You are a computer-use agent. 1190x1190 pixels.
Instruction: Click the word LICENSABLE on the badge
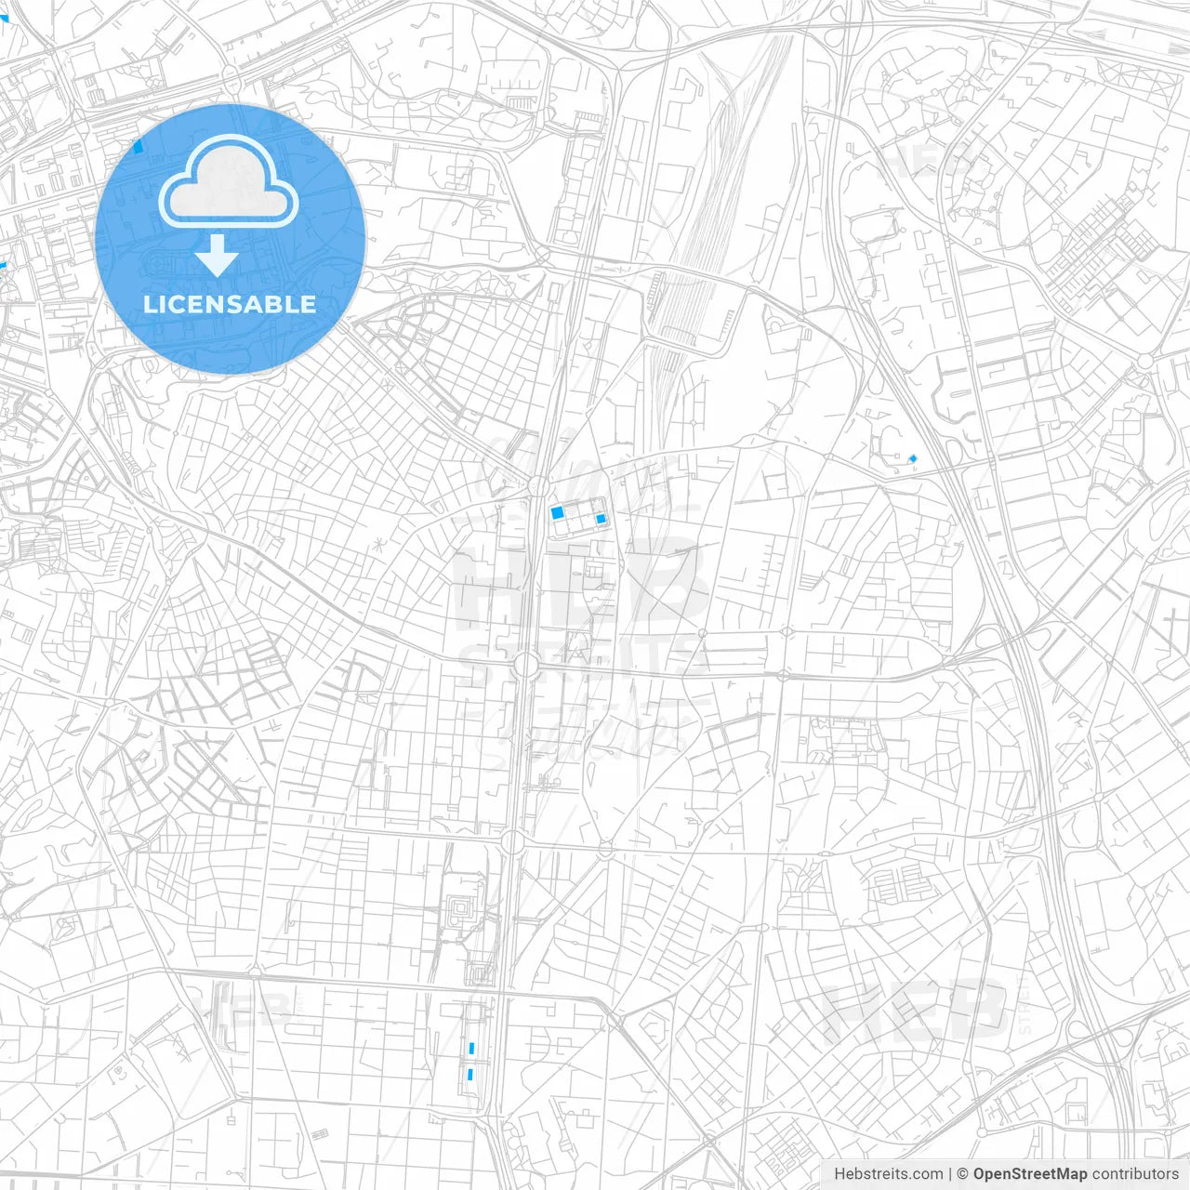point(230,305)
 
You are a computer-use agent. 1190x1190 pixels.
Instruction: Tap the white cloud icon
point(229,183)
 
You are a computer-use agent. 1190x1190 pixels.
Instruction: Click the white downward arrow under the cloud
point(217,256)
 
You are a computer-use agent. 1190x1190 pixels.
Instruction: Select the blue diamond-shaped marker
point(913,458)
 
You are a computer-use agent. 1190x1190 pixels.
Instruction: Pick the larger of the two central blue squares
point(558,512)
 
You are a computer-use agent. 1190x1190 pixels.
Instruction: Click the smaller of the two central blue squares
point(601,519)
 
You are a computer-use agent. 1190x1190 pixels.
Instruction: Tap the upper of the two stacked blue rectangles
point(472,1049)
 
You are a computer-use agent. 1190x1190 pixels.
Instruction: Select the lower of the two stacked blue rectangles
point(470,1075)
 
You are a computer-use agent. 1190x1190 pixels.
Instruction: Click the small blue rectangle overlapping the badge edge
point(139,145)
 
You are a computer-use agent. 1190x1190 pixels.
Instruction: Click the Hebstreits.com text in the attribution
point(888,1174)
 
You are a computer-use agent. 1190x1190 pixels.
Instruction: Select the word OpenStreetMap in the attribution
point(1029,1174)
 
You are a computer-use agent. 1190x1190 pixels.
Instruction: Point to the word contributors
point(1135,1174)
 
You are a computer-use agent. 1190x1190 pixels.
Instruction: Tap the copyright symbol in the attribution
point(962,1174)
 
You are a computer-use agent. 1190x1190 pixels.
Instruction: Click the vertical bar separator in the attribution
point(949,1174)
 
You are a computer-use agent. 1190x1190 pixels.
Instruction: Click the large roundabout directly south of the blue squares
point(525,665)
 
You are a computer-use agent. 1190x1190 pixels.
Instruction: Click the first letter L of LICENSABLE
point(150,305)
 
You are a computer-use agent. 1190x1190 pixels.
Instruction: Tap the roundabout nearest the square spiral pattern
point(512,842)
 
